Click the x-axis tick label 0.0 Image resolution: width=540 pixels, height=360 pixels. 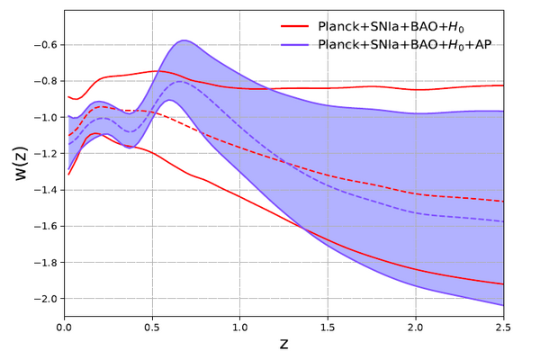coord(65,328)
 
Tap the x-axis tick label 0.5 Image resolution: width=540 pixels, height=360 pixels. coord(152,328)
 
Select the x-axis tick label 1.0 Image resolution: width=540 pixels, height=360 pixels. coord(239,328)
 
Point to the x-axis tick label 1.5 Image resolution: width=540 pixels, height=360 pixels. coord(328,328)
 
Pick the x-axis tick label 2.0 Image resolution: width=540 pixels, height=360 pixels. coord(415,328)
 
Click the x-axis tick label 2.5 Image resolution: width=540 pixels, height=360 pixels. coord(502,328)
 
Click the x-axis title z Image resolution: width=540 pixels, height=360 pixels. coord(283,346)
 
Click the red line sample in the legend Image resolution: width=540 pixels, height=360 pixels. coord(296,26)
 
